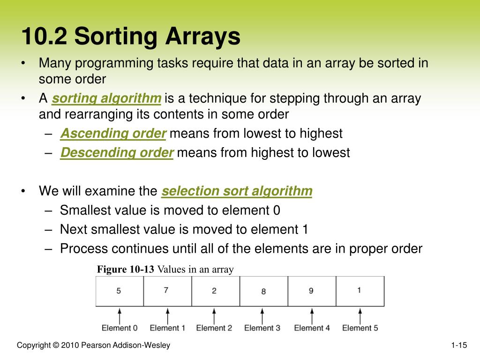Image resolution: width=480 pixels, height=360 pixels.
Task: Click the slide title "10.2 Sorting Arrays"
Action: point(131,37)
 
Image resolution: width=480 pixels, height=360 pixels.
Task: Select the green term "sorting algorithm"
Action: point(106,98)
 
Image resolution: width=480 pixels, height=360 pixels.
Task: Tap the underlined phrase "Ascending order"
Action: point(113,134)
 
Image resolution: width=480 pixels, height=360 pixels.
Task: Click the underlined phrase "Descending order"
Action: point(117,153)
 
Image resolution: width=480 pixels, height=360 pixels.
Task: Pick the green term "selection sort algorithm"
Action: point(237,191)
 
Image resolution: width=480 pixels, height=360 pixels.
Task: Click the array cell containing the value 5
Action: point(119,291)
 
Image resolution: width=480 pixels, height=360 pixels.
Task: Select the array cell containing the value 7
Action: point(167,291)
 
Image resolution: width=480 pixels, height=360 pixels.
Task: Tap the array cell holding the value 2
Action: point(215,291)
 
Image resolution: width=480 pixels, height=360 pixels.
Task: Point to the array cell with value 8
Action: point(263,291)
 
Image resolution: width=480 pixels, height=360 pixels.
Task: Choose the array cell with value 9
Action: point(311,291)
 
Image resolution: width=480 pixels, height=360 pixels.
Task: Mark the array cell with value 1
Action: point(360,291)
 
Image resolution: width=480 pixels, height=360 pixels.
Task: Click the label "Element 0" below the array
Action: point(120,328)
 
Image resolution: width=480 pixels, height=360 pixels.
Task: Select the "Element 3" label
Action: point(262,328)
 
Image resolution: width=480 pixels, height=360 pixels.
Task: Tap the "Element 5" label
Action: point(360,328)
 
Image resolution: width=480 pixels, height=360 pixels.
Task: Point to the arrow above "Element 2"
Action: point(215,315)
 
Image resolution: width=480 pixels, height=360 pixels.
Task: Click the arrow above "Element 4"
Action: point(311,315)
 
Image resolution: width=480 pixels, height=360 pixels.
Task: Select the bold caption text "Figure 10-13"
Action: point(126,269)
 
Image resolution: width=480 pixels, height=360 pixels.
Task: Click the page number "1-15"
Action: point(459,346)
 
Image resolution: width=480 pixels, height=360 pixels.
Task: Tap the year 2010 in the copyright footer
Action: point(70,346)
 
